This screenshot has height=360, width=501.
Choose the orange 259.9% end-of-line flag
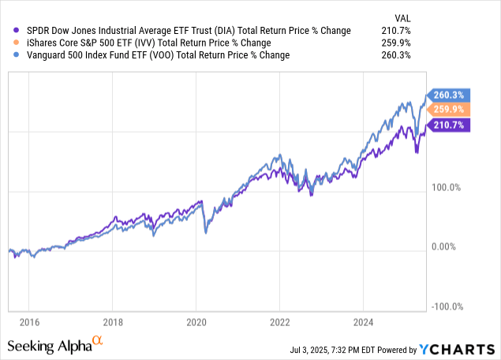tap(448, 109)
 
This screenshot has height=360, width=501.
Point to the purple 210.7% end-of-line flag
tap(448, 124)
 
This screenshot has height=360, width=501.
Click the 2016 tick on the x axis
tap(28, 321)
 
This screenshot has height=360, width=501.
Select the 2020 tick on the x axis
tap(196, 321)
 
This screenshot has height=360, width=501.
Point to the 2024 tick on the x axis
tap(362, 321)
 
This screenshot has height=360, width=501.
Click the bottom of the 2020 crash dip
tap(205, 232)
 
